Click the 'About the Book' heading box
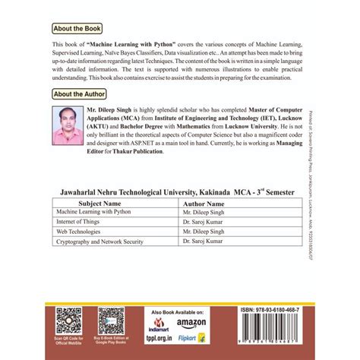tap(77, 28)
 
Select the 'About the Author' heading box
tap(80, 94)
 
